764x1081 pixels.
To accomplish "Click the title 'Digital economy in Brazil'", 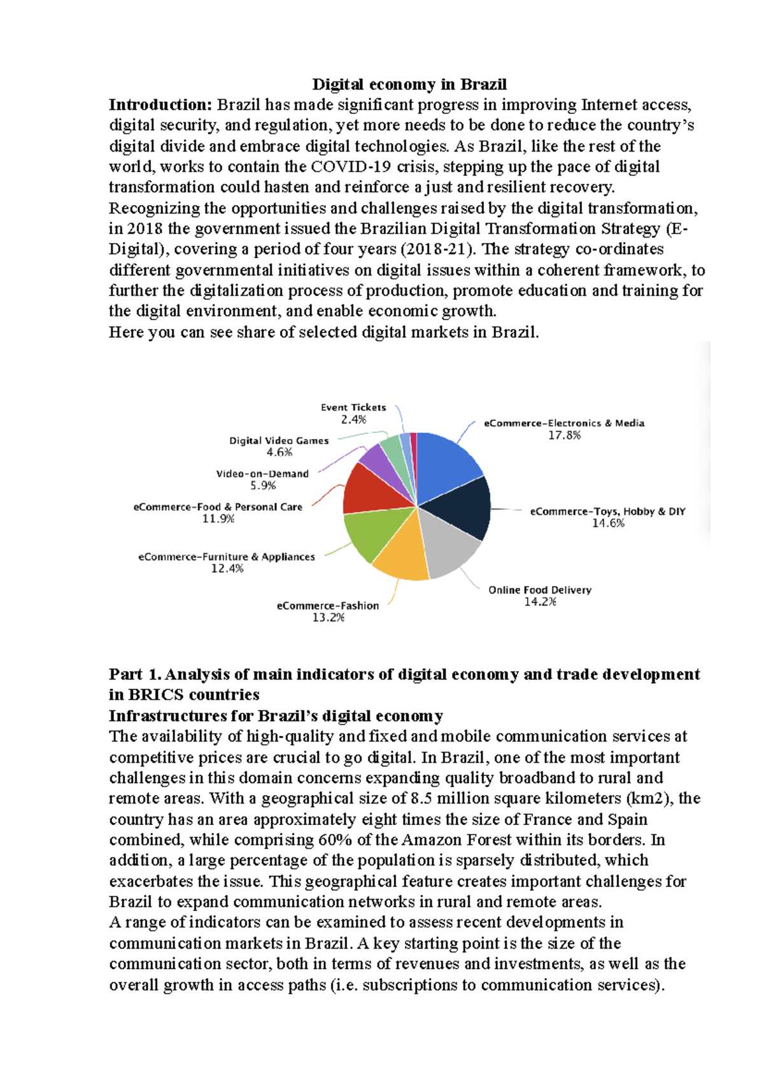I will [x=409, y=85].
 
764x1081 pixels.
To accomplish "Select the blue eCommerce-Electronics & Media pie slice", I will [x=449, y=465].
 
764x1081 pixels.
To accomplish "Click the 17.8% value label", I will [x=564, y=435].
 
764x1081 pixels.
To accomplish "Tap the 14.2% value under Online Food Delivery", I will [x=540, y=602].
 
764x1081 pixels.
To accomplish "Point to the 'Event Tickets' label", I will [x=353, y=407].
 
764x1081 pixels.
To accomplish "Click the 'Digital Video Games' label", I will [x=279, y=441].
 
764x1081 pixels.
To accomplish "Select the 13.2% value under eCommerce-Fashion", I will [x=328, y=618].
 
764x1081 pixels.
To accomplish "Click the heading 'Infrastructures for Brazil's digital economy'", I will [x=276, y=716].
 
